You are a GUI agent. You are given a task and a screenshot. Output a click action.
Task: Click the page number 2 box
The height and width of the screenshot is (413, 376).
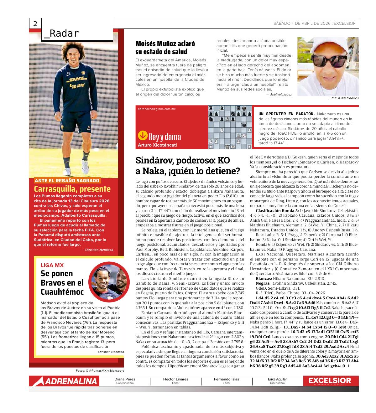point(35,24)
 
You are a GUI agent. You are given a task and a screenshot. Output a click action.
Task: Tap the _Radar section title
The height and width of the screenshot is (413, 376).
point(61,34)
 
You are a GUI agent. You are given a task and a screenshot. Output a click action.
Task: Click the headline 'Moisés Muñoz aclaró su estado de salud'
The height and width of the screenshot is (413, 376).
point(165,48)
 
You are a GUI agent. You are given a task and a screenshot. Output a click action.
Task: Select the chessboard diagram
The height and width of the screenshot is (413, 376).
point(230,127)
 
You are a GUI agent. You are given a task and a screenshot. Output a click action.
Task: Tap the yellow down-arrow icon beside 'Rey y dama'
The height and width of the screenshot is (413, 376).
point(143,136)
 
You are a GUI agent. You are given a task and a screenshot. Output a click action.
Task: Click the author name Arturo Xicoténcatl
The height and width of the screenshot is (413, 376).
point(157,145)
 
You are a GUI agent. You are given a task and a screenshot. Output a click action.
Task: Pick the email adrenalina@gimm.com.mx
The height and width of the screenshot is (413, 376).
point(157,109)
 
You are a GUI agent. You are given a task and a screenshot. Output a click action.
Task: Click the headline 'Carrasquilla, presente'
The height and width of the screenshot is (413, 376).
point(72,189)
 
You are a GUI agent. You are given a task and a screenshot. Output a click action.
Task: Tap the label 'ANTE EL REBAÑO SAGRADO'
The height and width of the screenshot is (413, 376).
point(67,180)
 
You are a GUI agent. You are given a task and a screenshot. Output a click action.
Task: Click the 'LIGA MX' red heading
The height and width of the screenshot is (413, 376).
point(52,265)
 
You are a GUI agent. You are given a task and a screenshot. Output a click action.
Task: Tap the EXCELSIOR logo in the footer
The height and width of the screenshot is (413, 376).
point(330,380)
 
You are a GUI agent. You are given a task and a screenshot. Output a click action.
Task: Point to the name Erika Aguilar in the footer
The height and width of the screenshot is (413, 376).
point(277,379)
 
